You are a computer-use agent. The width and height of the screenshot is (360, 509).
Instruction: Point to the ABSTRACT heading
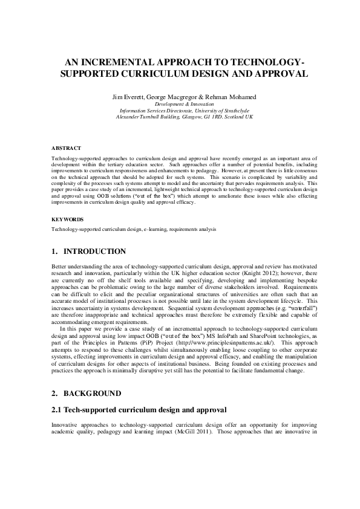62,148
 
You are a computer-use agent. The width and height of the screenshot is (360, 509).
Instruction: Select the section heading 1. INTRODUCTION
89,251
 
